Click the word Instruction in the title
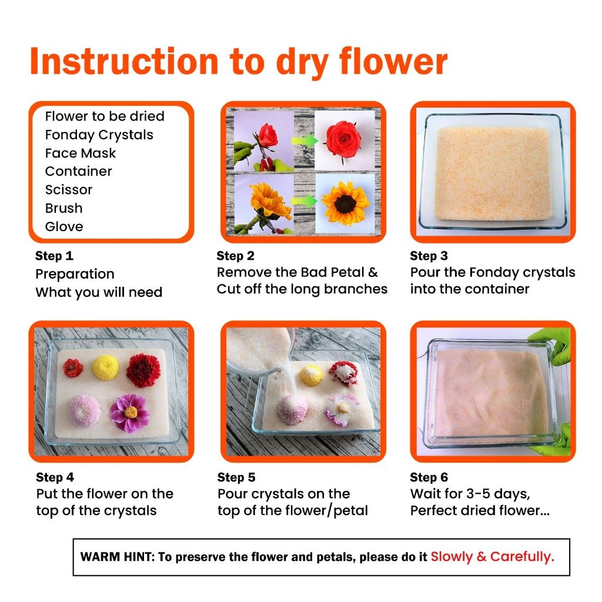pyautogui.click(x=124, y=61)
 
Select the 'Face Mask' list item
pyautogui.click(x=80, y=153)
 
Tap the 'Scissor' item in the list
pyautogui.click(x=69, y=190)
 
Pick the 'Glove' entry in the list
pyautogui.click(x=63, y=226)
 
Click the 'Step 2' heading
pyautogui.click(x=235, y=256)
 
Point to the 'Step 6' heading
pyautogui.click(x=429, y=477)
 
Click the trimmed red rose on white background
pyautogui.click(x=343, y=139)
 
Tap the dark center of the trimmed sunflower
pyautogui.click(x=345, y=204)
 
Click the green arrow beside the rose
pyautogui.click(x=305, y=141)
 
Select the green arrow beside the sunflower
pyautogui.click(x=304, y=201)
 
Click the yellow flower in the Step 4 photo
pyautogui.click(x=106, y=367)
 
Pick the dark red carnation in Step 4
pyautogui.click(x=143, y=370)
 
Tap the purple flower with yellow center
pyautogui.click(x=129, y=413)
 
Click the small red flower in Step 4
pyautogui.click(x=73, y=367)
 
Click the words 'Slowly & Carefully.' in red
pyautogui.click(x=492, y=557)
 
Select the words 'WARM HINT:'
pyautogui.click(x=117, y=557)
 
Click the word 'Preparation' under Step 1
pyautogui.click(x=75, y=274)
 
